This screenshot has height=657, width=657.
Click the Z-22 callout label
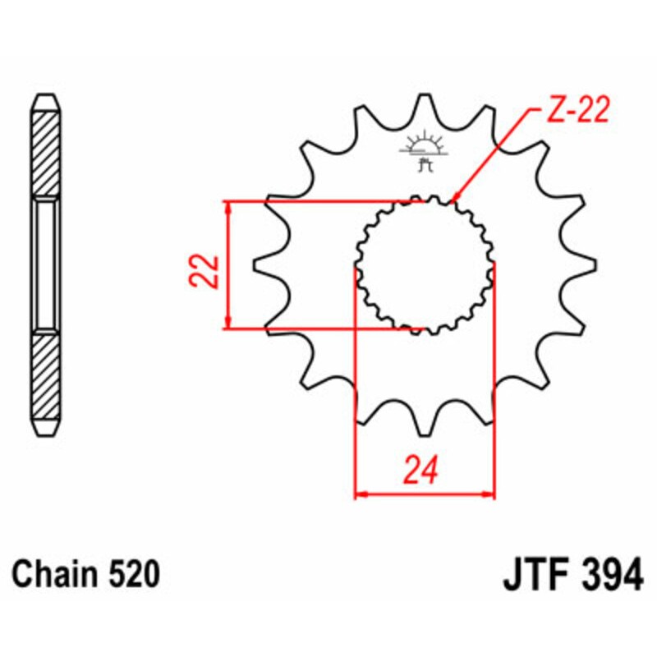point(578,111)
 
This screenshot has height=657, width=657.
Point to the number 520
point(132,574)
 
